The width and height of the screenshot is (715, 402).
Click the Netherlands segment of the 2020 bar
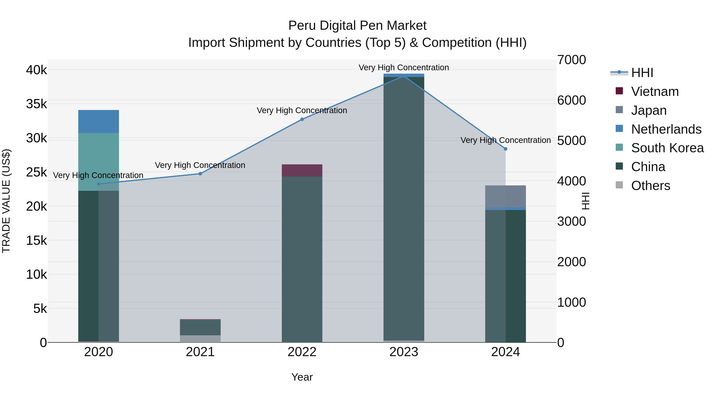coord(99,121)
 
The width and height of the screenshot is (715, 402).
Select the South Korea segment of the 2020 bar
coord(99,162)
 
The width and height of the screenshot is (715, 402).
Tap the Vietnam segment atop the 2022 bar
coord(302,170)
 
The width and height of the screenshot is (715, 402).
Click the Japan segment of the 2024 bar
coord(505,196)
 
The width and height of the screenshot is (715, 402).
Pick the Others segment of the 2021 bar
coord(200,339)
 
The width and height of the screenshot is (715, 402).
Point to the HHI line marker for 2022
coord(302,119)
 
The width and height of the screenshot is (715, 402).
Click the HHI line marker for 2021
coord(200,174)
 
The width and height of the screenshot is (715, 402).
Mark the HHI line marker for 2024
coord(505,149)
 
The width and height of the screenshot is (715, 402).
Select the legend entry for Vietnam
coord(654,92)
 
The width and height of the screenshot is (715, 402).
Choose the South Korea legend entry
coord(667,148)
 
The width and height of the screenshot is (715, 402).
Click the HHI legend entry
coord(642,73)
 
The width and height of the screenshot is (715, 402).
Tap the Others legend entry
coord(650,186)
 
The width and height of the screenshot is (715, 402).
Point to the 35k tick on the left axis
coord(37,104)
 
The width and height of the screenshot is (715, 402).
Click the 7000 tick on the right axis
coord(571,60)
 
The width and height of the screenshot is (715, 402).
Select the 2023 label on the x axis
coord(404,352)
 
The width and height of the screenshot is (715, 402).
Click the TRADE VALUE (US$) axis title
coord(6,201)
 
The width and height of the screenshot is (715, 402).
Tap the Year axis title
coord(302,377)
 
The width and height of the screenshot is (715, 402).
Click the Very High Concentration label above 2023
coord(404,67)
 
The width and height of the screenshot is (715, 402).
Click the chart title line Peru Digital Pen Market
coord(357,26)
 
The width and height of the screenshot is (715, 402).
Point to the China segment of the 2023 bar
coord(404,208)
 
